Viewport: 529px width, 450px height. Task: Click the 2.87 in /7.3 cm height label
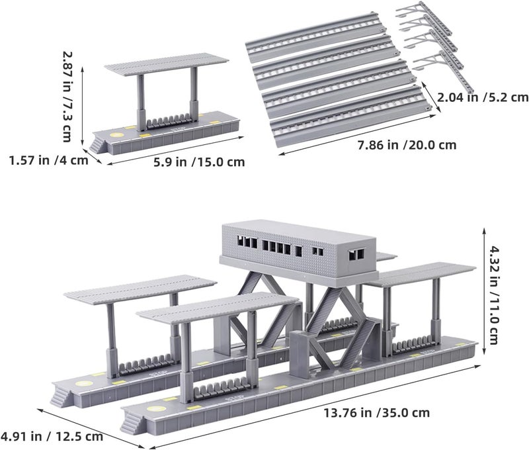(67, 97)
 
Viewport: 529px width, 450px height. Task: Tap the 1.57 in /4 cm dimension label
(48, 160)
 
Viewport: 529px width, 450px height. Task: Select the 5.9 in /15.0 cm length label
(199, 162)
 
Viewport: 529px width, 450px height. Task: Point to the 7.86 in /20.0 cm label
(407, 145)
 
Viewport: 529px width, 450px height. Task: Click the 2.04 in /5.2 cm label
(483, 97)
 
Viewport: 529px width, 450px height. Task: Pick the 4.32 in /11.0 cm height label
(493, 295)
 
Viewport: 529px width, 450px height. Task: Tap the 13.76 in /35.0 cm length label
(377, 412)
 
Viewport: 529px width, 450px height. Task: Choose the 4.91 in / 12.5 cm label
(52, 436)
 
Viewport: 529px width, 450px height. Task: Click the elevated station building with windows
(298, 251)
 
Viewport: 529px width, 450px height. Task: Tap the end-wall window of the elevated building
(356, 255)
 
